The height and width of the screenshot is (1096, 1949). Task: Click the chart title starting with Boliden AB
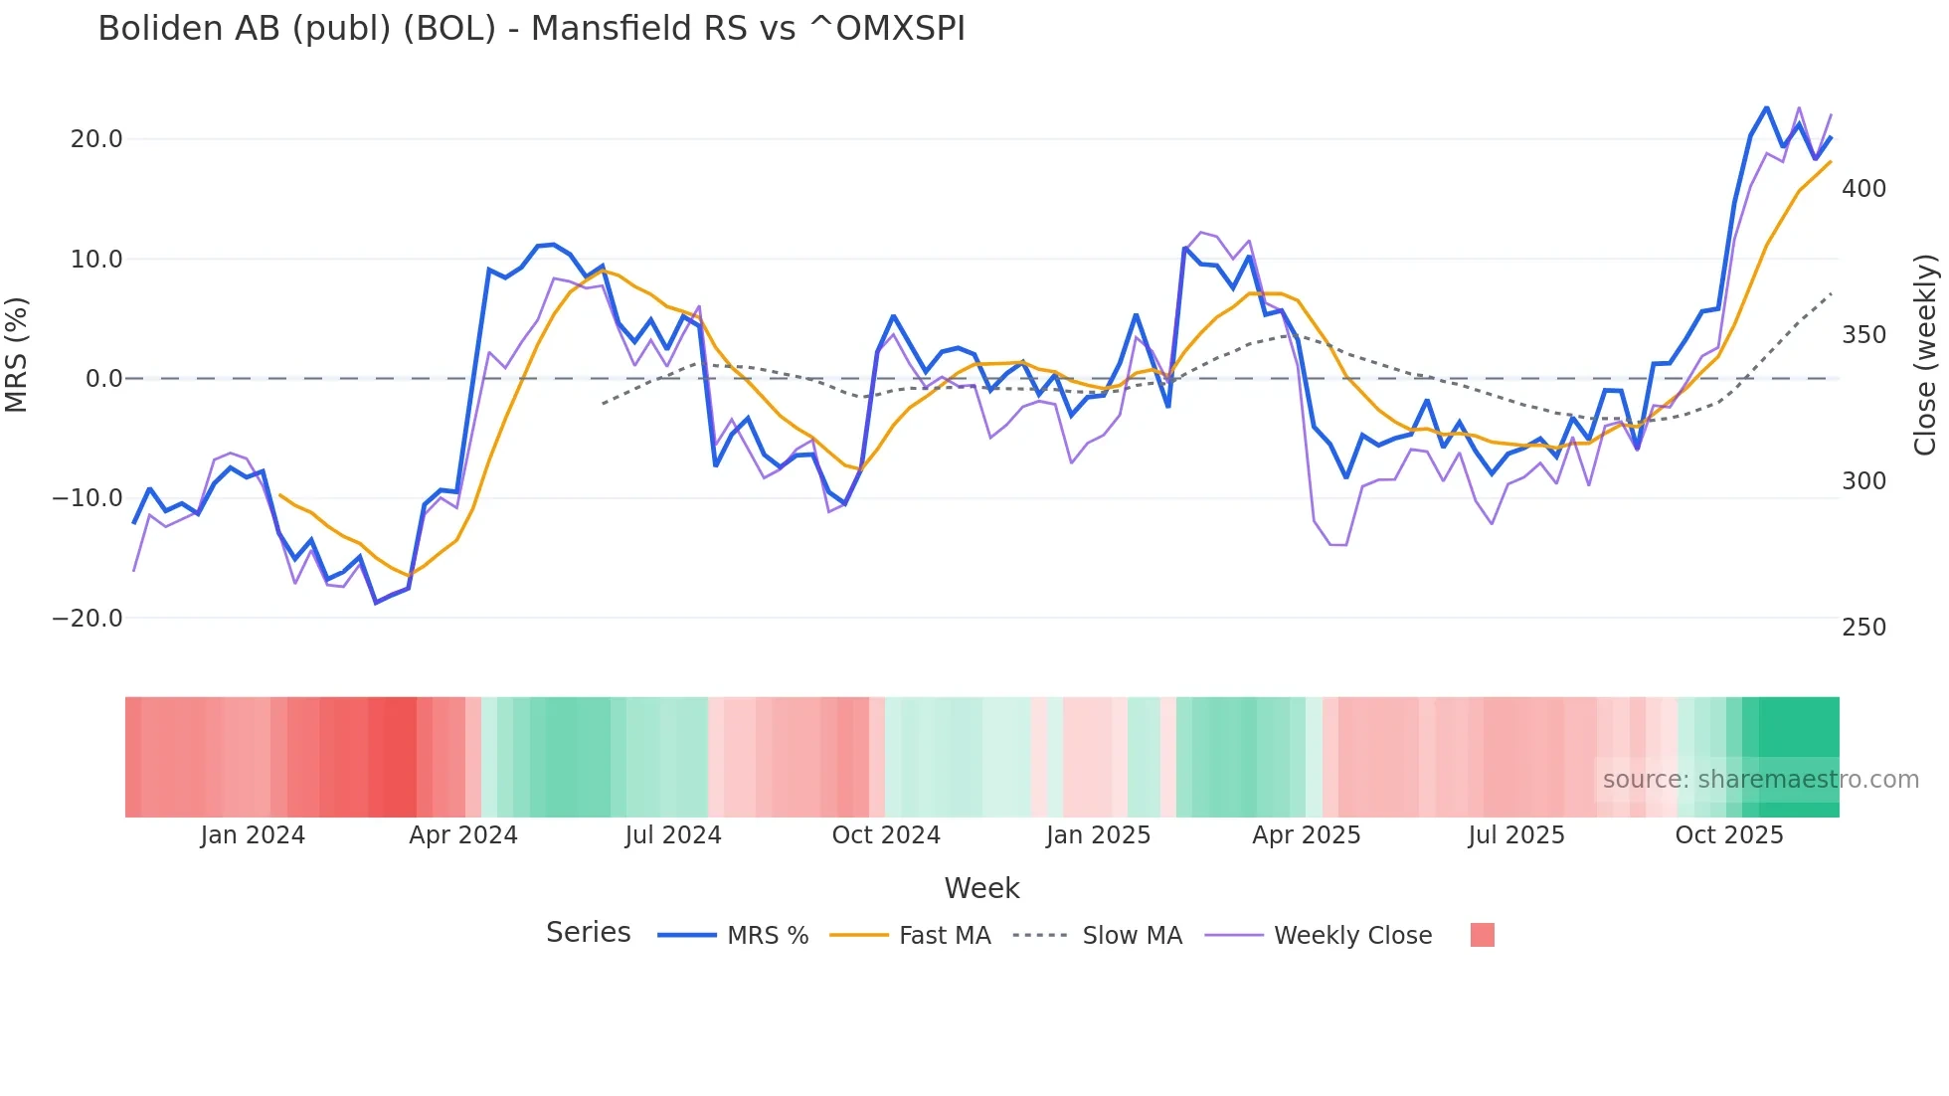tap(531, 29)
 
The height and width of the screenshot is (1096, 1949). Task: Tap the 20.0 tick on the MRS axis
tap(96, 139)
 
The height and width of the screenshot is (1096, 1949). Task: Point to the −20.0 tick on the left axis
tap(88, 619)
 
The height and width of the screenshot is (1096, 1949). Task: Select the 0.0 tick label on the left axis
tap(103, 379)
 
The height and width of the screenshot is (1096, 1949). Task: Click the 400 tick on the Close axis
tap(1863, 189)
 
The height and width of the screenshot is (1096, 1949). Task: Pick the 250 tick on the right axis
tap(1863, 628)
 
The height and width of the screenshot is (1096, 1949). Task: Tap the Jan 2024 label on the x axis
tap(253, 835)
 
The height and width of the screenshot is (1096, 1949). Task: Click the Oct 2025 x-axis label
tap(1729, 835)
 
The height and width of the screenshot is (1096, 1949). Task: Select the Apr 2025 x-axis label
tap(1306, 835)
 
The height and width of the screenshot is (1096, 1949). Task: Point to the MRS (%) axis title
tap(17, 354)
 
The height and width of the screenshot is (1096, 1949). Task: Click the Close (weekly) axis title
tap(1925, 354)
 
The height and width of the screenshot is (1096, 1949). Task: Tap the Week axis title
tap(981, 888)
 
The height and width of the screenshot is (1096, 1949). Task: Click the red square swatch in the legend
tap(1482, 935)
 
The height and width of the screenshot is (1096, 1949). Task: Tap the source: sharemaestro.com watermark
tap(1760, 780)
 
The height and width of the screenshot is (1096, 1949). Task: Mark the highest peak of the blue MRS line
tap(1767, 107)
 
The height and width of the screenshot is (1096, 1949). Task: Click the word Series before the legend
tap(588, 933)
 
